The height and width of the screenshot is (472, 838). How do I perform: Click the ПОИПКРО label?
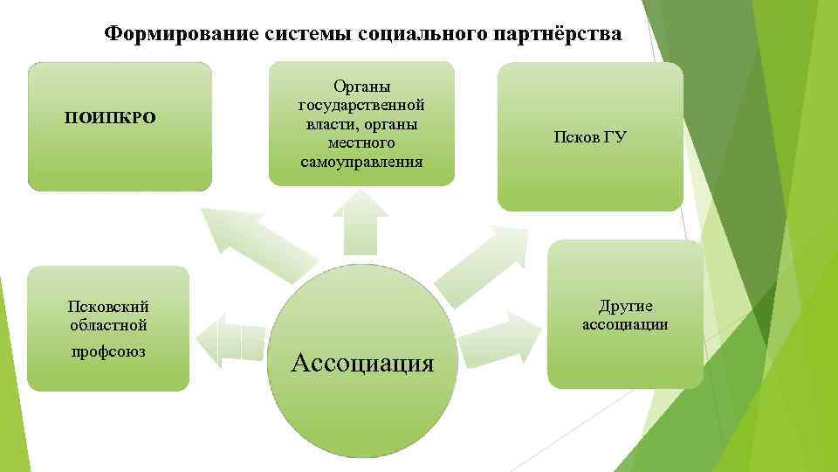coord(111,118)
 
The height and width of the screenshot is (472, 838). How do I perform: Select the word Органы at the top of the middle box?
coord(361,86)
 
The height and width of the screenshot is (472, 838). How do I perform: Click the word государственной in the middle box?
coord(361,105)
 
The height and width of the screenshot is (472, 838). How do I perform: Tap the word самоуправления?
coord(361,162)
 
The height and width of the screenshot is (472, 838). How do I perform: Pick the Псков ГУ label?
coord(590,137)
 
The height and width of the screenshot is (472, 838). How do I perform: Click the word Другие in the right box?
coord(625,306)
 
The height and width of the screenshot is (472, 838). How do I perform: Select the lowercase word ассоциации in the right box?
coord(625,325)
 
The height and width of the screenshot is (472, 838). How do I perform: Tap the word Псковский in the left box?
coord(108,306)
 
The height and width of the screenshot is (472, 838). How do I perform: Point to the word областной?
coord(108,325)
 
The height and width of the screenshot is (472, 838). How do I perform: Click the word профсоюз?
coord(108,351)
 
